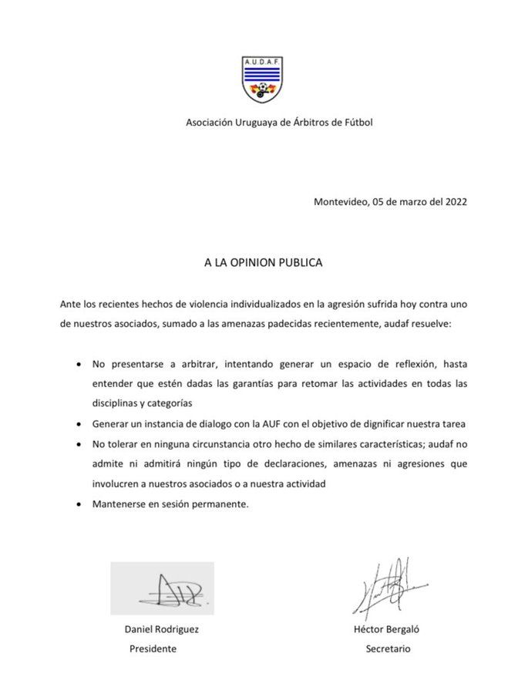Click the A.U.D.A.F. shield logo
point(263,78)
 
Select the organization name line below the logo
point(279,122)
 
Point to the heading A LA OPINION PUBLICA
point(263,262)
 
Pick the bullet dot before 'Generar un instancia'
point(79,423)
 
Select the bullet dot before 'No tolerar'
point(79,444)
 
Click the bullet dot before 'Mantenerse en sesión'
point(79,505)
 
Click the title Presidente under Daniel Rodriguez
point(153,649)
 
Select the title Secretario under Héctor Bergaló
point(388,649)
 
